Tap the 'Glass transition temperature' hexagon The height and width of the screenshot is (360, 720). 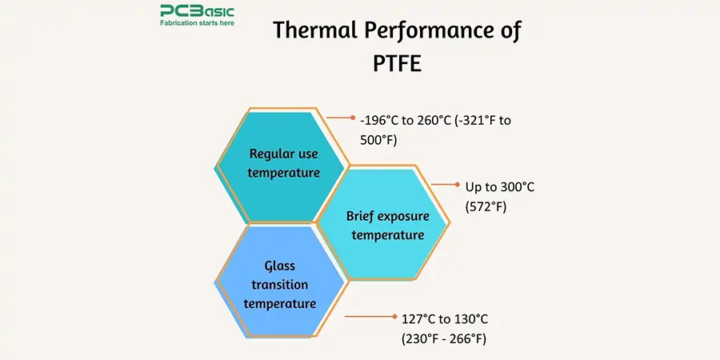click(280, 284)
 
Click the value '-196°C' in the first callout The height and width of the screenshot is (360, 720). click(380, 121)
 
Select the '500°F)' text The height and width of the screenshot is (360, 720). click(378, 139)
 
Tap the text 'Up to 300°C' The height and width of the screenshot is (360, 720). click(499, 187)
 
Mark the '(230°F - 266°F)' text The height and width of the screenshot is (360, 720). click(444, 338)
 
